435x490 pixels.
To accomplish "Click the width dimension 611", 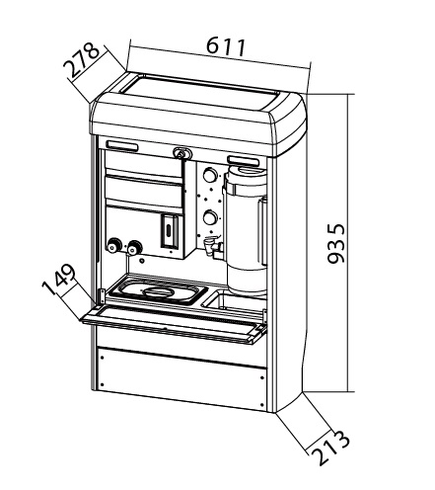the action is coord(226,47).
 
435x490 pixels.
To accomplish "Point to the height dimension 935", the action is coord(336,243).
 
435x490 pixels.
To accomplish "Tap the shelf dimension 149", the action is coord(59,280).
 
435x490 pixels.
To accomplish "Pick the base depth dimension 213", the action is coord(330,448).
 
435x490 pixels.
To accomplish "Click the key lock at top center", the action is coord(181,153).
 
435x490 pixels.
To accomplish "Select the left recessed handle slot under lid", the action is coord(122,146).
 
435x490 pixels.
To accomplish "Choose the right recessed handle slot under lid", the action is coord(243,160).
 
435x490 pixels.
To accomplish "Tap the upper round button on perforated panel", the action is coord(210,175).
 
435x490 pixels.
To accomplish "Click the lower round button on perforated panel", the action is coord(210,217).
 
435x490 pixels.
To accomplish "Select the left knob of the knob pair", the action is coord(114,246).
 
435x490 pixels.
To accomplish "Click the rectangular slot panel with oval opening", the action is coord(169,231).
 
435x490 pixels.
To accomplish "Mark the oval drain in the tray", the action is coord(158,292).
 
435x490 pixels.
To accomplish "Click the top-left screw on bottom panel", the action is coord(102,358).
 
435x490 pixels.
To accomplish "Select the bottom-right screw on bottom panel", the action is coord(261,405).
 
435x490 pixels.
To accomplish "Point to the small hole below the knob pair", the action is coord(142,261).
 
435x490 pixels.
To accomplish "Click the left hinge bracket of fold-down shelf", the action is coord(102,296).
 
